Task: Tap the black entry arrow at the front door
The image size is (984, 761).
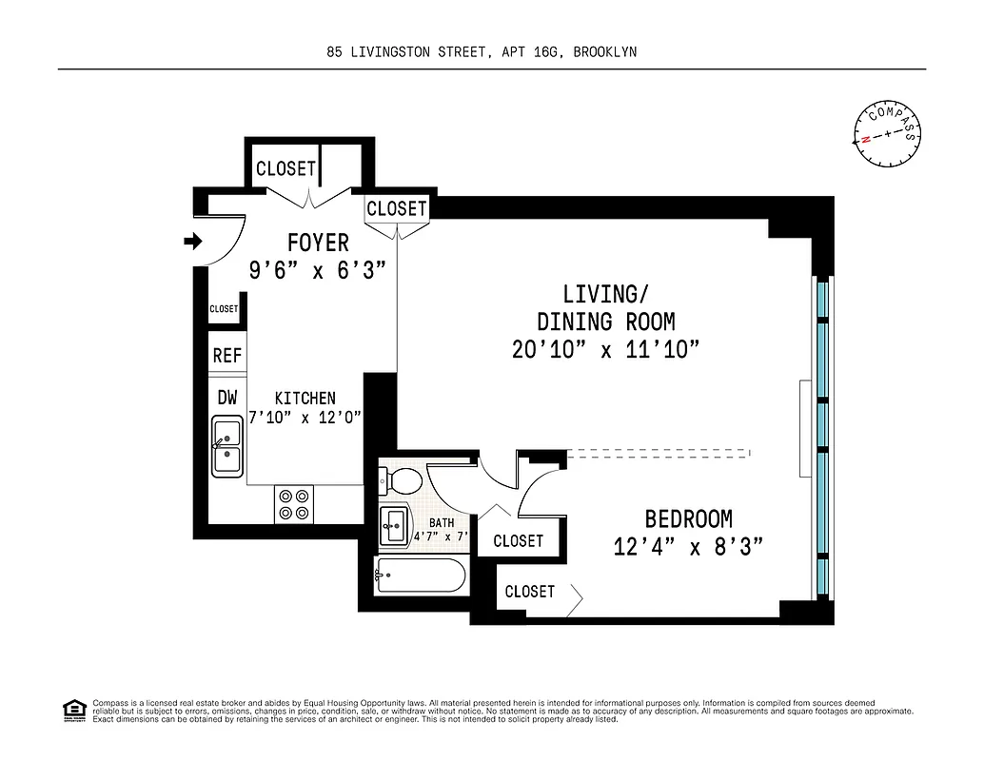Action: (193, 243)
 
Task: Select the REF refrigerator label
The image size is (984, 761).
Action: (227, 356)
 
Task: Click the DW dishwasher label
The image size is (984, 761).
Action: (227, 398)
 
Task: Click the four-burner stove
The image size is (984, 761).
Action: (294, 504)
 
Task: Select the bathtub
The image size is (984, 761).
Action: (421, 576)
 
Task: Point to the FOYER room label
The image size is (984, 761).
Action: (318, 243)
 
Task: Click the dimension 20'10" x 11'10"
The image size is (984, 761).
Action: (605, 350)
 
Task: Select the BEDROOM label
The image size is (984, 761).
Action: (688, 519)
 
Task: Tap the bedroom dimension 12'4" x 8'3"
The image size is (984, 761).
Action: (689, 548)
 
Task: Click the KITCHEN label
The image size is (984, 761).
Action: (305, 399)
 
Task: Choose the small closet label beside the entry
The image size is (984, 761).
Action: (224, 309)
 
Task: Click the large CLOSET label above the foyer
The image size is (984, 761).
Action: (285, 168)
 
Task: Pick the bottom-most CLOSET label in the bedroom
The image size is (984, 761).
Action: (529, 592)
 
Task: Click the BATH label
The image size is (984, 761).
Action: (442, 522)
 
